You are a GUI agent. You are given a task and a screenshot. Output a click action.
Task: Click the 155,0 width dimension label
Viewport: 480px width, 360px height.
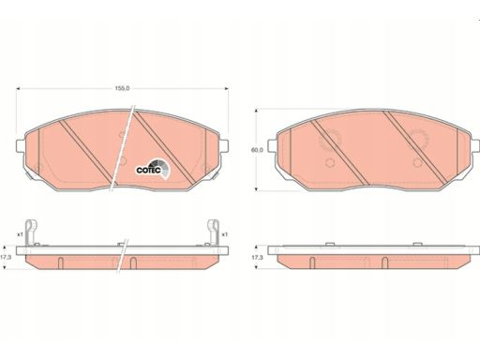tap(122, 88)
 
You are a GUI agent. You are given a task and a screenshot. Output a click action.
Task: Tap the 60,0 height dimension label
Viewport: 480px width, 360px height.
tap(257, 150)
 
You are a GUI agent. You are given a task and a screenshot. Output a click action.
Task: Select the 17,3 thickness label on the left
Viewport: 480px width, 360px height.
tap(6, 258)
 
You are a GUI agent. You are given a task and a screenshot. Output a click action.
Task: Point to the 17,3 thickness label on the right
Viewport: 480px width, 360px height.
tap(257, 258)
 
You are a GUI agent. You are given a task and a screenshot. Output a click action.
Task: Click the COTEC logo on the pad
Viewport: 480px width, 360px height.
tap(153, 168)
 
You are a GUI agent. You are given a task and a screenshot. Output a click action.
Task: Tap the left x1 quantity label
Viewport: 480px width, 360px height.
tap(20, 234)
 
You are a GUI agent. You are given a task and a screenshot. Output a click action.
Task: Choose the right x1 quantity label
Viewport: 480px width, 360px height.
tap(224, 234)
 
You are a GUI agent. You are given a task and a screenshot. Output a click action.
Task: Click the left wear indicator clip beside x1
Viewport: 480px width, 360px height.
tap(31, 232)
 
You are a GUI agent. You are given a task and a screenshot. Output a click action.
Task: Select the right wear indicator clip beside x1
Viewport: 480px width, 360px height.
tap(214, 232)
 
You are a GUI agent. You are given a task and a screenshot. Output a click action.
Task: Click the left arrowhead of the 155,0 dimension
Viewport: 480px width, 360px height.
tap(18, 89)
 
